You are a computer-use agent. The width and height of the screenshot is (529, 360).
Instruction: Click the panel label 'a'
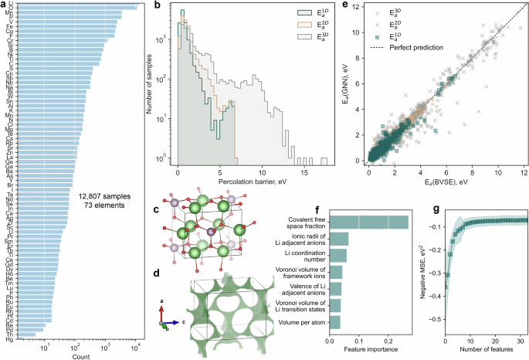pos(5,5)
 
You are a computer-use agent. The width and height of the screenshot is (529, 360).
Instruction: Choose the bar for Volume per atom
pos(335,322)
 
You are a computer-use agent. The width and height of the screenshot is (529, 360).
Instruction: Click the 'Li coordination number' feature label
pos(301,254)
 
